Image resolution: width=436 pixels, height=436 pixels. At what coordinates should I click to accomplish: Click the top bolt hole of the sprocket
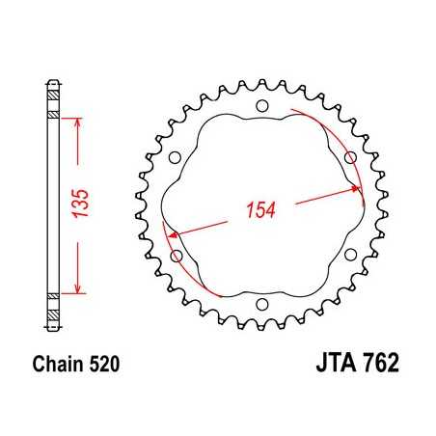click(261, 106)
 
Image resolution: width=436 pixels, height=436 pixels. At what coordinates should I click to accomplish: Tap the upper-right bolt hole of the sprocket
click(349, 156)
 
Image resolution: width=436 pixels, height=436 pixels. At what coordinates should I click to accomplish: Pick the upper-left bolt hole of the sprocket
click(175, 156)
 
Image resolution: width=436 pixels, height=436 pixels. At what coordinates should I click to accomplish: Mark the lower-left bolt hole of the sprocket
click(175, 256)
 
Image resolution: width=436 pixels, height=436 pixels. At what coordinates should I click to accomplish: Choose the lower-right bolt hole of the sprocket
click(349, 256)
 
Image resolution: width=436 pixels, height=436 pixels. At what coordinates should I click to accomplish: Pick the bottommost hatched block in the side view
click(53, 317)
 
